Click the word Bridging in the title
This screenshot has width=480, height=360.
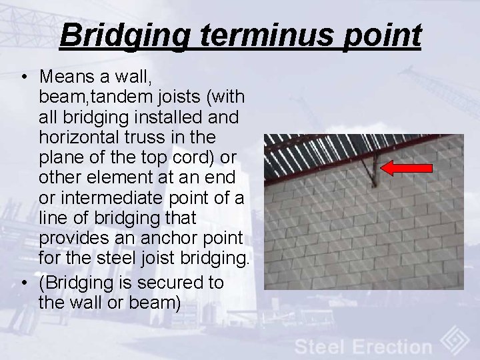tap(124, 36)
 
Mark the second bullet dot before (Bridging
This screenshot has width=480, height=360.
tap(24, 283)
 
